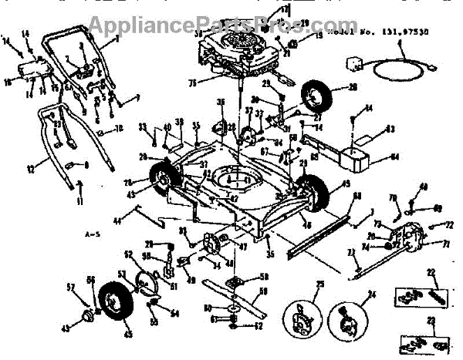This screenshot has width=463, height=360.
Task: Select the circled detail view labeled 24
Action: (x=346, y=318)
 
